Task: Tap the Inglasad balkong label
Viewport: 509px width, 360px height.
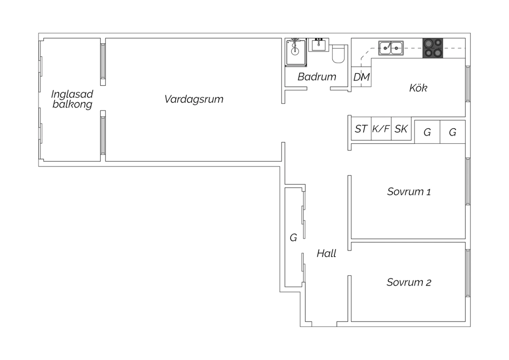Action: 72,99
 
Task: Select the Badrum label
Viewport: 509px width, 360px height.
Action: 317,77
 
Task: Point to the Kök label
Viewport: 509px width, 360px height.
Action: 418,88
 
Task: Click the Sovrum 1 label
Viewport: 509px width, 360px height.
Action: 409,192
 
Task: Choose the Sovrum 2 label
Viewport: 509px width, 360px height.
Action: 409,282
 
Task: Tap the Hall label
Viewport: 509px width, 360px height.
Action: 326,253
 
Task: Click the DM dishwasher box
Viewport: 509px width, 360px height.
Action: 361,77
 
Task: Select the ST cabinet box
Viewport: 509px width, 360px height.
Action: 361,129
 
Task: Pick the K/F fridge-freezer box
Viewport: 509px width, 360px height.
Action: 381,129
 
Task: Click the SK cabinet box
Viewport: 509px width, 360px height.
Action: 401,129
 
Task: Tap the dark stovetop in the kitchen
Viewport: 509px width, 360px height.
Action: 433,48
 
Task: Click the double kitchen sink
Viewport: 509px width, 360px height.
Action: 391,48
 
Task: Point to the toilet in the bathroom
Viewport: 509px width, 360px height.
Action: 338,54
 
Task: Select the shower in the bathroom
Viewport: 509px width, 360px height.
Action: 296,53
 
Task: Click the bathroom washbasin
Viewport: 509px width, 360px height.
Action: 319,45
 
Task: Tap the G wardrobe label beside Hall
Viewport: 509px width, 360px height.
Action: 294,238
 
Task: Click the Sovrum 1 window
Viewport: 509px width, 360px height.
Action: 468,181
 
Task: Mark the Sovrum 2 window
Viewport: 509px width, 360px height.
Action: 468,273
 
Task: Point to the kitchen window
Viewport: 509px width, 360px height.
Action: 468,84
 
